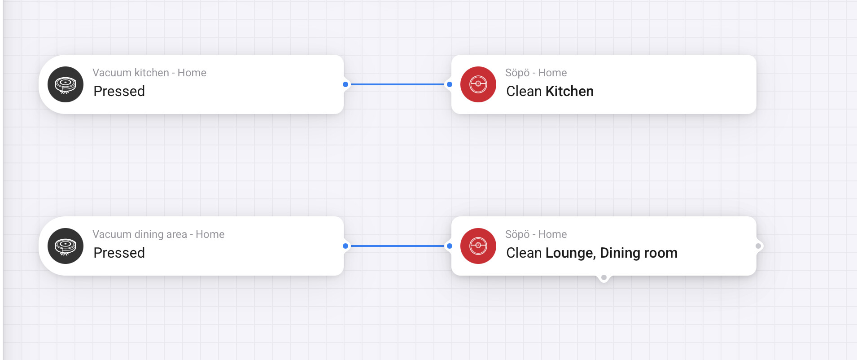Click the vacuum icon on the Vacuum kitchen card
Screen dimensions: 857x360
pyautogui.click(x=66, y=84)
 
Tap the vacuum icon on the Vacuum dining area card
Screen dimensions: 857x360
pyautogui.click(x=66, y=246)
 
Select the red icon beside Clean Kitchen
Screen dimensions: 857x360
pyautogui.click(x=478, y=84)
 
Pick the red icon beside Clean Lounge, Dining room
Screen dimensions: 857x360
pyautogui.click(x=478, y=246)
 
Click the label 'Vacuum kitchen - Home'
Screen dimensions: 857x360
pyautogui.click(x=149, y=73)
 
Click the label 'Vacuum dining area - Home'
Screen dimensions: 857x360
pyautogui.click(x=158, y=234)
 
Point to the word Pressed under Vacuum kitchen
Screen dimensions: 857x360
pyautogui.click(x=119, y=91)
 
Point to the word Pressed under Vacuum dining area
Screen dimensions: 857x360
pyautogui.click(x=119, y=253)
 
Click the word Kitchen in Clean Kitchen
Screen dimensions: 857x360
pyautogui.click(x=569, y=91)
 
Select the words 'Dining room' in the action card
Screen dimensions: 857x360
pyautogui.click(x=638, y=253)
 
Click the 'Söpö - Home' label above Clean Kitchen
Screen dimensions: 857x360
pyautogui.click(x=536, y=73)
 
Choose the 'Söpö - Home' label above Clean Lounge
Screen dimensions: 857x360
pyautogui.click(x=536, y=234)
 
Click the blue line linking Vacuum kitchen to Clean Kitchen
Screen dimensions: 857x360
pyautogui.click(x=398, y=84)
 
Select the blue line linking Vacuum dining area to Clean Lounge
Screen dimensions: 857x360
pyautogui.click(x=398, y=246)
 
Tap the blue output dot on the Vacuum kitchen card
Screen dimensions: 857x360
pyautogui.click(x=345, y=84)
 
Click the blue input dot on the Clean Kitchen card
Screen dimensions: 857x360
pyautogui.click(x=450, y=84)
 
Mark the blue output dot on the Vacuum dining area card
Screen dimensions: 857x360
pyautogui.click(x=345, y=246)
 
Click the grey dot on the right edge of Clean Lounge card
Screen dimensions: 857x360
pyautogui.click(x=758, y=246)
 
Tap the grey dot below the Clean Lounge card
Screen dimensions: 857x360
pyautogui.click(x=604, y=277)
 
